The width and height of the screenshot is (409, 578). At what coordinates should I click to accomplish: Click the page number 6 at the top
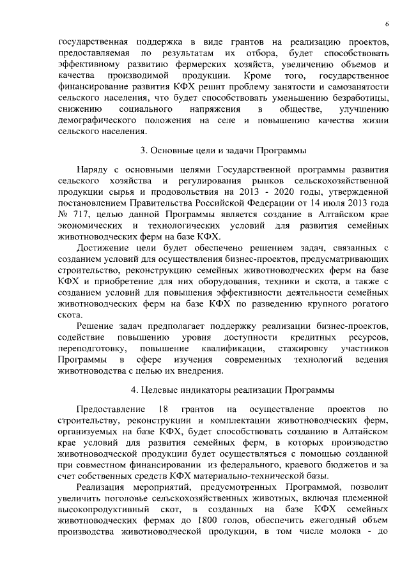click(387, 24)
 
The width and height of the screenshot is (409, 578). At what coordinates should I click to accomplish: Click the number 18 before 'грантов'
click(162, 408)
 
